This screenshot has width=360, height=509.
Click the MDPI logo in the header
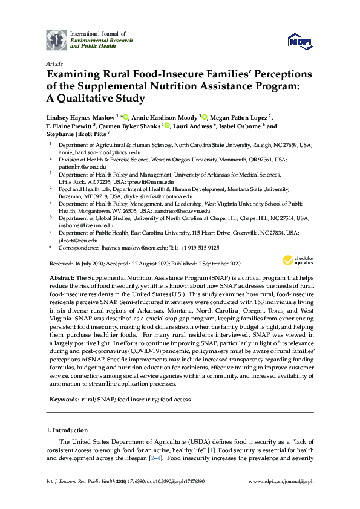[300, 40]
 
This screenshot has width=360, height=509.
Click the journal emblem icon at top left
[57, 39]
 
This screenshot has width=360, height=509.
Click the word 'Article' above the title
[54, 63]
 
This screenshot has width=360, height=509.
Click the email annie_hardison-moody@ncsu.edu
[93, 154]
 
